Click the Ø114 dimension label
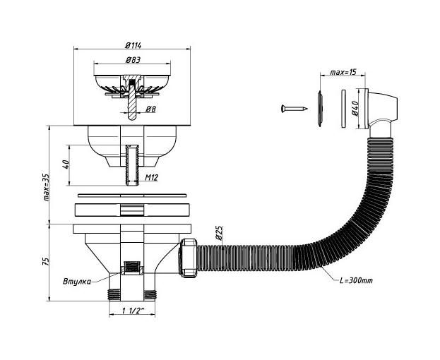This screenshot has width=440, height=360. (x=133, y=45)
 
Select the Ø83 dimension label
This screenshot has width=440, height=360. (x=133, y=60)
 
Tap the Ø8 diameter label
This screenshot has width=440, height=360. (x=150, y=109)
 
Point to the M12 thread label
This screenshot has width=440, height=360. (x=152, y=177)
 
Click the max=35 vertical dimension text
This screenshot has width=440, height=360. (x=46, y=187)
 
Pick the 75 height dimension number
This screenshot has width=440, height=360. (x=46, y=261)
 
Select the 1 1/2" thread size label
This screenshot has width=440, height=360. (x=133, y=311)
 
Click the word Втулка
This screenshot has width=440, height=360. (x=77, y=281)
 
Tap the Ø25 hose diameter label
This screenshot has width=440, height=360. (x=219, y=233)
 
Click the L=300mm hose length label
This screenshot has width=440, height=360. (x=356, y=280)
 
